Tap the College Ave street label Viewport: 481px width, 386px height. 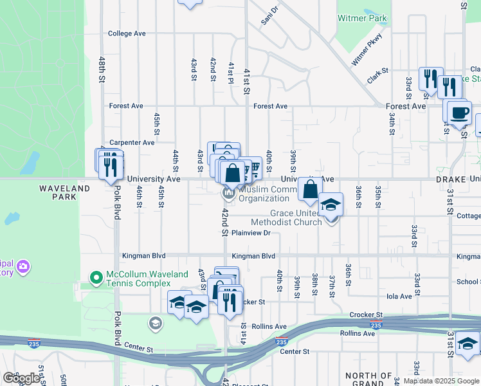click(127, 33)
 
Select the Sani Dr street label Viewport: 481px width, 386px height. click(269, 17)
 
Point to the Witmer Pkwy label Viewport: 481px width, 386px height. click(367, 50)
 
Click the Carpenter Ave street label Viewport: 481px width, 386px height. click(132, 142)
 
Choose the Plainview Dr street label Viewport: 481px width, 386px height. click(251, 233)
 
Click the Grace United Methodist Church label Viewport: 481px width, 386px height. click(287, 217)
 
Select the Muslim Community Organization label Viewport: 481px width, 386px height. click(264, 194)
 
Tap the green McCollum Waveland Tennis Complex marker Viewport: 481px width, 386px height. click(96, 278)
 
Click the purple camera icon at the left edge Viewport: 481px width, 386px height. click(23, 266)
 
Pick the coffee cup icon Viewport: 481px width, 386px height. click(458, 113)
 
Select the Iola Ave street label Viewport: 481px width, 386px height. click(398, 297)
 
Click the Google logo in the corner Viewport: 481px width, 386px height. click(22, 378)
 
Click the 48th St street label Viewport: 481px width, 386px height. click(102, 68)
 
